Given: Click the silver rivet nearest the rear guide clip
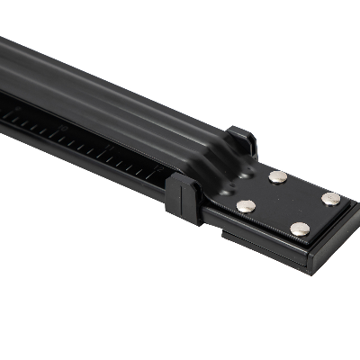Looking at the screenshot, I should (278, 176).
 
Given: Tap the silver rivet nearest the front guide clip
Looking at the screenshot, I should (246, 207).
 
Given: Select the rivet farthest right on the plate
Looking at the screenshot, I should (331, 198).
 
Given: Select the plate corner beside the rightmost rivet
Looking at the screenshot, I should (347, 202).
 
